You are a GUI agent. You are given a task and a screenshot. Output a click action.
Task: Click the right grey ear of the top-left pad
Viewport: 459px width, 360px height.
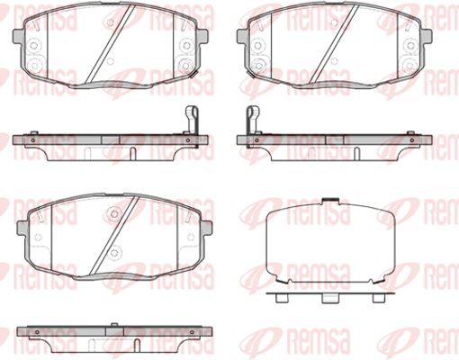click(202, 36)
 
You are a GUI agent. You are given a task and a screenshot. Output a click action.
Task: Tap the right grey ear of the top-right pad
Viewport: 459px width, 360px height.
click(427, 36)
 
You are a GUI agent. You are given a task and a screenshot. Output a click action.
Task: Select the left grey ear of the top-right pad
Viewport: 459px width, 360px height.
click(243, 36)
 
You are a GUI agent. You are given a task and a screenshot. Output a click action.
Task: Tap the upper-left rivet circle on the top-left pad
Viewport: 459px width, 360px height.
click(34, 46)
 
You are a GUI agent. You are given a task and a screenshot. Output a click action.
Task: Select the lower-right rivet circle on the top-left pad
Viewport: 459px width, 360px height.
click(186, 65)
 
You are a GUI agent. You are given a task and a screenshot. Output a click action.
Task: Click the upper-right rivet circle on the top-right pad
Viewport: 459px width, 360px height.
click(411, 46)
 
